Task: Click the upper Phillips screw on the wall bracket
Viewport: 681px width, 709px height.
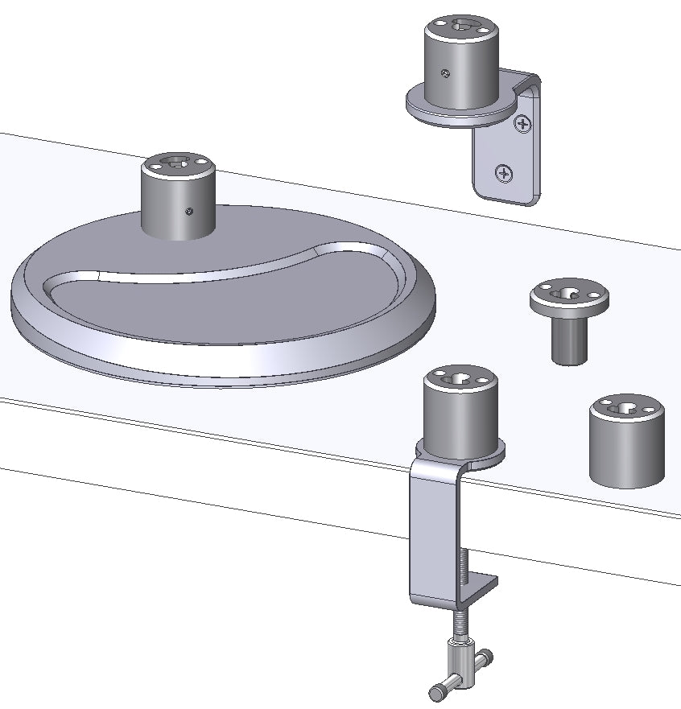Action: [x=523, y=124]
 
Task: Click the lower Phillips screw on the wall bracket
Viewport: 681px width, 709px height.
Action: [x=504, y=172]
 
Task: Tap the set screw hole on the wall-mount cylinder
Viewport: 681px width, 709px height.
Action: [x=444, y=75]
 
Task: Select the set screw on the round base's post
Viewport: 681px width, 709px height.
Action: [x=188, y=212]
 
